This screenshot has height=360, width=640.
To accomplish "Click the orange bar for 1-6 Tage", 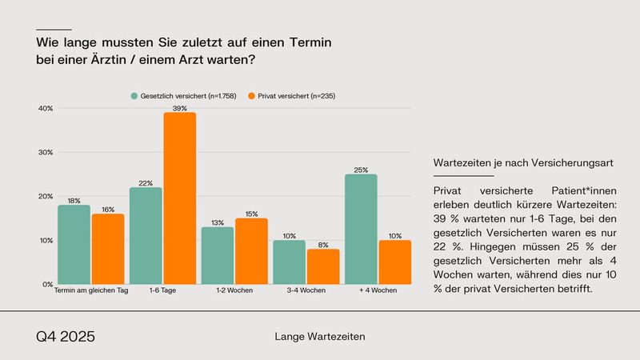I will click(x=179, y=198).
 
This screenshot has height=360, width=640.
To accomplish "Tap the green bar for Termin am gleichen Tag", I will click(x=74, y=244).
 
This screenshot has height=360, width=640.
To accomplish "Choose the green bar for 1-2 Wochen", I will click(x=217, y=255).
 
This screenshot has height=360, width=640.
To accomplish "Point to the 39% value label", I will click(x=179, y=108).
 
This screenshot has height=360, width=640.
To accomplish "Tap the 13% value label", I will click(x=217, y=222).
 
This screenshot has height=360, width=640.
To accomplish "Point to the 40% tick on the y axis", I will click(x=46, y=108).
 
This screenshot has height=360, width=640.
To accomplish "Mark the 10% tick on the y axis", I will click(x=46, y=240).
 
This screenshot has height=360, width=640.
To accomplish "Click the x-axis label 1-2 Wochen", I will click(x=234, y=290).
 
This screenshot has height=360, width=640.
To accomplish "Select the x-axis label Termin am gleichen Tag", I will click(x=90, y=290).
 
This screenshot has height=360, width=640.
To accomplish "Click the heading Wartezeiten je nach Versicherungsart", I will click(x=522, y=162).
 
